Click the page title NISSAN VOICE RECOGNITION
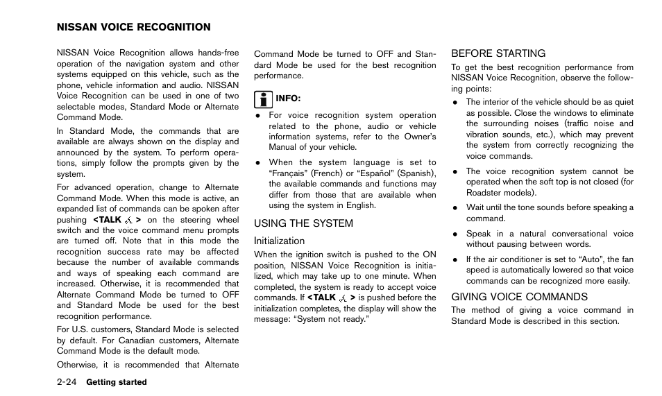pyautogui.click(x=133, y=28)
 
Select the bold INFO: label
pyautogui.click(x=288, y=98)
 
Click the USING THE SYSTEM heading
pyautogui.click(x=303, y=223)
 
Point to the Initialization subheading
pyautogui.click(x=279, y=241)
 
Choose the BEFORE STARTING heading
pyautogui.click(x=498, y=53)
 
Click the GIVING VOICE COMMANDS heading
pyautogui.click(x=519, y=297)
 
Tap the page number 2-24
pyautogui.click(x=68, y=382)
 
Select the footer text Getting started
pyautogui.click(x=117, y=382)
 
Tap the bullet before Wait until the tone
pyautogui.click(x=455, y=207)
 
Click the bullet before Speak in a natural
pyautogui.click(x=455, y=234)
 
